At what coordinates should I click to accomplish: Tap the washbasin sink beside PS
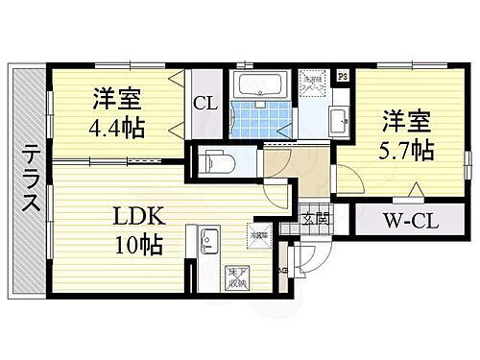(339, 120)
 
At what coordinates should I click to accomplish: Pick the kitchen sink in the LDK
(209, 237)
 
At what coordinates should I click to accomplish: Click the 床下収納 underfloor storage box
(236, 278)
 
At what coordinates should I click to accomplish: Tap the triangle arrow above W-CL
(416, 190)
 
